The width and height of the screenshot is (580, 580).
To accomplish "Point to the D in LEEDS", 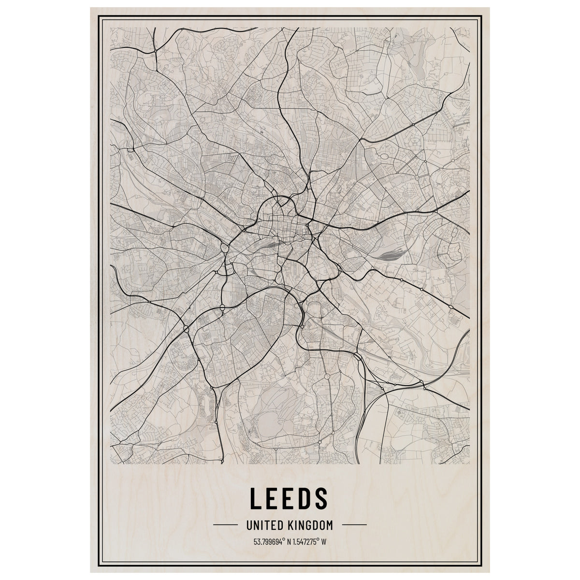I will (307, 498).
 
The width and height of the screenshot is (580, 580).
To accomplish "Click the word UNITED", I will (264, 524).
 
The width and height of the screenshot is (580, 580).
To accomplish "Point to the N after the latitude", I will (289, 541).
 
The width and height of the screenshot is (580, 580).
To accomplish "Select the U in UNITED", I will (249, 524).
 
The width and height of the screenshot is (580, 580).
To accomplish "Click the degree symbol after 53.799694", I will (284, 539).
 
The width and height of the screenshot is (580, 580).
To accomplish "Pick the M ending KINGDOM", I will (329, 524).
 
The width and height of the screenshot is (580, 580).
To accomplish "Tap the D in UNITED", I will (279, 524).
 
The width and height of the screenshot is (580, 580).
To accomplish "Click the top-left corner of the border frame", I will (99, 16).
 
